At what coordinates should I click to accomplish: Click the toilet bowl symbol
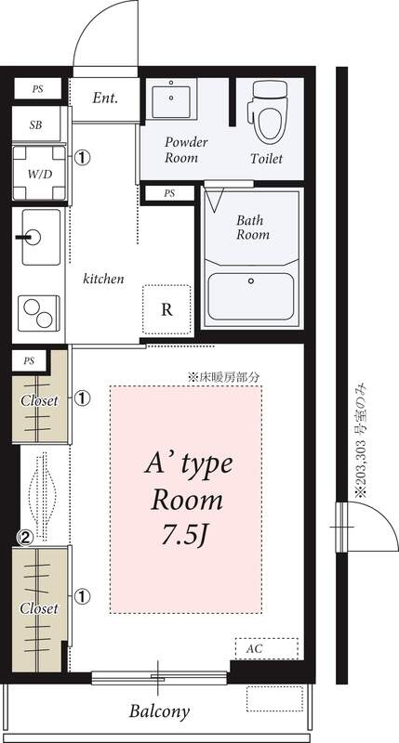click(x=270, y=111)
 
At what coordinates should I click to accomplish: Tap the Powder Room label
click(x=186, y=150)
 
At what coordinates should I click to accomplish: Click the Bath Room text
click(x=253, y=227)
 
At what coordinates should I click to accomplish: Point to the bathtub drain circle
click(x=251, y=280)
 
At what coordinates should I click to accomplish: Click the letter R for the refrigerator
click(x=166, y=310)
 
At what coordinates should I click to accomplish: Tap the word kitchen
click(x=103, y=279)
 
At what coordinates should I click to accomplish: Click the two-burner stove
click(x=39, y=313)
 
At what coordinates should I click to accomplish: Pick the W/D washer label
click(x=39, y=174)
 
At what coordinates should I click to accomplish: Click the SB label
click(x=35, y=125)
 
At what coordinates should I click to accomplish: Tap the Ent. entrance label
click(x=105, y=98)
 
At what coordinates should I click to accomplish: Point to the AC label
click(x=254, y=648)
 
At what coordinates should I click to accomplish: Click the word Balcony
click(x=159, y=710)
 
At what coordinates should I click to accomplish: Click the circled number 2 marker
click(x=25, y=537)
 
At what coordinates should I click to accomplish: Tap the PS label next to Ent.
click(x=37, y=88)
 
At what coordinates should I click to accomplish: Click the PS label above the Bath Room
click(x=169, y=193)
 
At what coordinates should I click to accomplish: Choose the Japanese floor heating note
click(x=224, y=378)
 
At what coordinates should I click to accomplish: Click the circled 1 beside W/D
click(x=82, y=157)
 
